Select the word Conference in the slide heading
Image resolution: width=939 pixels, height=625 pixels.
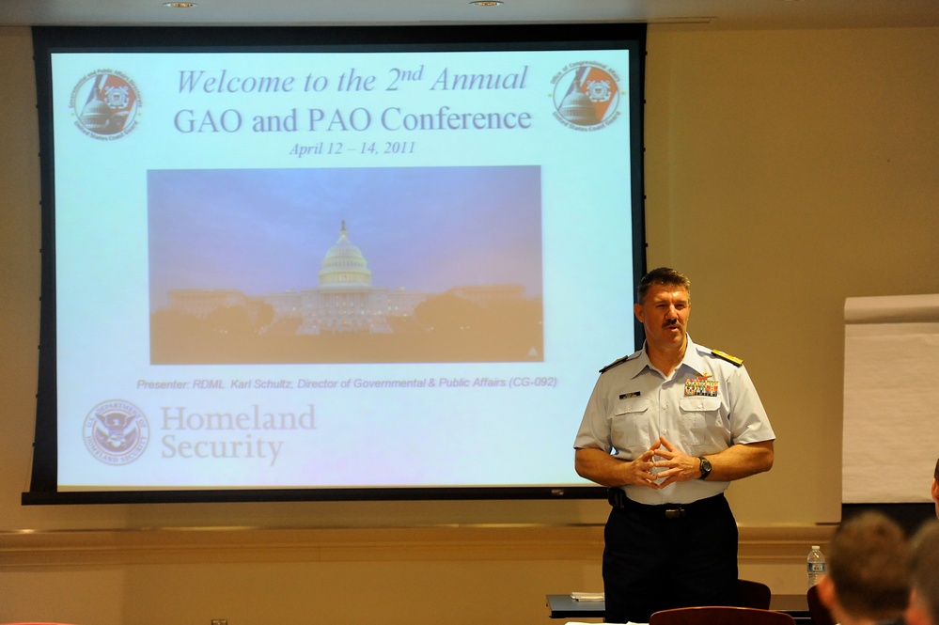coord(457,119)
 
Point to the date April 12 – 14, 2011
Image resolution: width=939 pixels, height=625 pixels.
coord(352,148)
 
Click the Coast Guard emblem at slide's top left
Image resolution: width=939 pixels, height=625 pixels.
coord(106,103)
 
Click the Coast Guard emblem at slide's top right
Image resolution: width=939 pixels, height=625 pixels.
coord(587,95)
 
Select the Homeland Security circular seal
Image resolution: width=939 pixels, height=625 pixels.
coord(116,432)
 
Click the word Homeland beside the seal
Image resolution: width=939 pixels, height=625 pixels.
coord(238,418)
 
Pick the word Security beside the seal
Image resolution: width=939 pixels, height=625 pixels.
coord(221,447)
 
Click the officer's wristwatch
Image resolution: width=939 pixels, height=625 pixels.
coord(705,467)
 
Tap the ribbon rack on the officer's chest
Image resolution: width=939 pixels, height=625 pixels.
coord(701,386)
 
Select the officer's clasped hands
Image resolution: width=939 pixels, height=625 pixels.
coord(664,461)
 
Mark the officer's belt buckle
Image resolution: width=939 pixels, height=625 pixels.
coord(672,512)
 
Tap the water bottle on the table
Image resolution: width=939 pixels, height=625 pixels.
coord(815,566)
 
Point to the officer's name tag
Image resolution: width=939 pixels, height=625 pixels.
coord(629,395)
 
